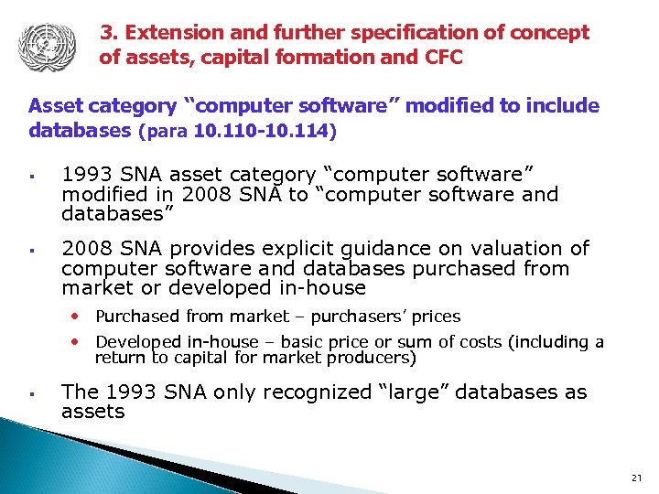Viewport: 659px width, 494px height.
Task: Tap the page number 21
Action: coord(637,478)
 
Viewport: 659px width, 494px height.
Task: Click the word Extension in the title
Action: coord(167,33)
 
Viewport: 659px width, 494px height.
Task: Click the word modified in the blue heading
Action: coord(448,106)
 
